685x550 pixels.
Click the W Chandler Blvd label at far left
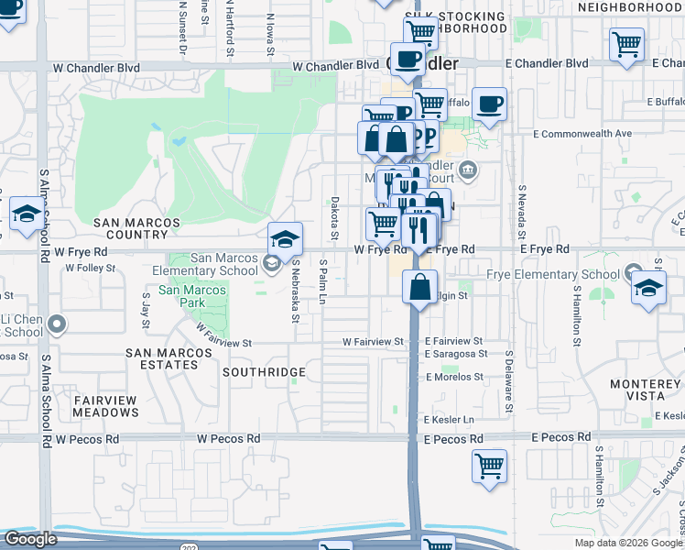95,67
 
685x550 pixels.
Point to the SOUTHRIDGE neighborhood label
264,372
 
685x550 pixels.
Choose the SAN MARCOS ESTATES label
162,358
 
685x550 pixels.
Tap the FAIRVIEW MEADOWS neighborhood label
105,406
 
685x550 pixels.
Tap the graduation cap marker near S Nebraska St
285,240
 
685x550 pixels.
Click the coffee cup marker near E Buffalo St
489,104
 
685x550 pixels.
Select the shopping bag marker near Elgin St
419,287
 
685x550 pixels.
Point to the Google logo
30,539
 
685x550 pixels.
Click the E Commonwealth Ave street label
582,133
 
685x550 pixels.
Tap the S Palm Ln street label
323,277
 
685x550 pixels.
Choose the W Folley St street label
91,269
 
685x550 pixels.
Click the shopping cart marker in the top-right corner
626,44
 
